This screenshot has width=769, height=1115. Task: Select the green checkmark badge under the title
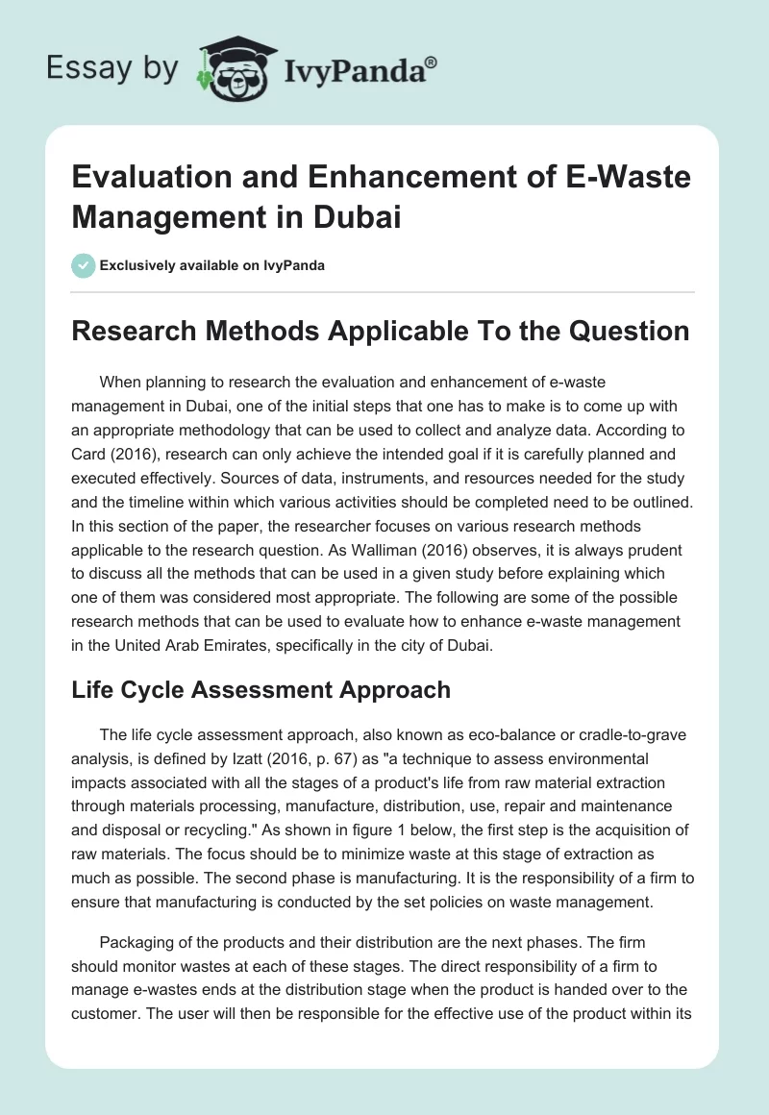point(85,265)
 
